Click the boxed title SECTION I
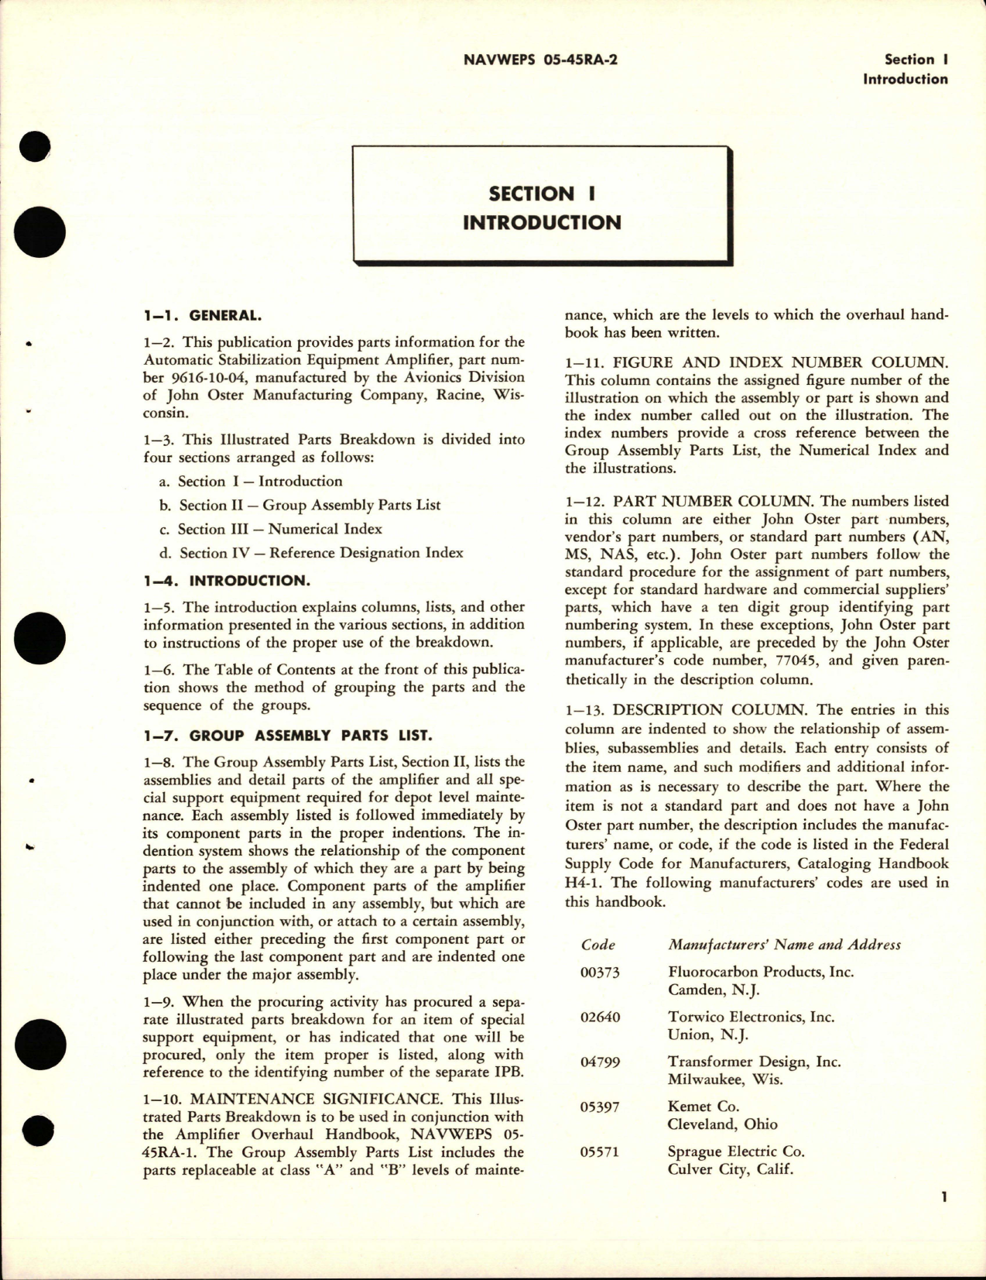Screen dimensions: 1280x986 (542, 194)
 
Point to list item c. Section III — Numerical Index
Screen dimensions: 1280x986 (270, 529)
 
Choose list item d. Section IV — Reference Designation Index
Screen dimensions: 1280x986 (311, 553)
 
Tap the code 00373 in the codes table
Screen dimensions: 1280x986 (600, 972)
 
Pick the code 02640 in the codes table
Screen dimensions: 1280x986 (600, 1017)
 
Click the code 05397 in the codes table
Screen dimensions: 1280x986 (600, 1107)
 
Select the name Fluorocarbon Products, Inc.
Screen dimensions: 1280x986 (761, 972)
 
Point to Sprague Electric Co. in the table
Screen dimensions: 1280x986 (736, 1151)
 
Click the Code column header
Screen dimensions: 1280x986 (597, 945)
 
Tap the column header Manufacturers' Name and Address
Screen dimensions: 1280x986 (784, 945)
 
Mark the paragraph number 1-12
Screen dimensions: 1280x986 (581, 501)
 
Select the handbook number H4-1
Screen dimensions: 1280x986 (587, 882)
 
